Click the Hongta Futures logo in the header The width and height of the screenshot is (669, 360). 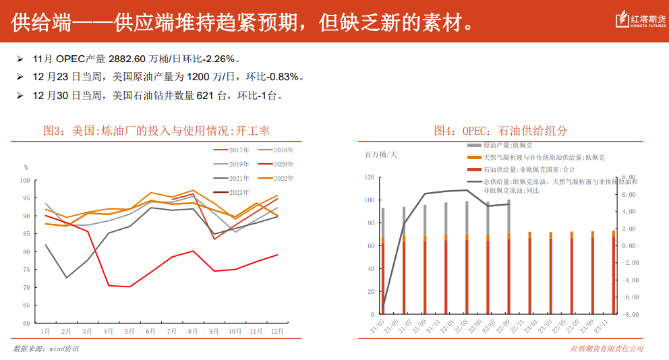[638, 22]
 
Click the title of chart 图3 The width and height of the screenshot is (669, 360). [156, 130]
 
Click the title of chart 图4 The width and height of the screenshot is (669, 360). [500, 130]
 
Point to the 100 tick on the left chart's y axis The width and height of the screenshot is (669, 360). [26, 181]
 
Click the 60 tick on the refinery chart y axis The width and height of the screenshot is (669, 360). [27, 324]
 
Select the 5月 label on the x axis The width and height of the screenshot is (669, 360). [129, 332]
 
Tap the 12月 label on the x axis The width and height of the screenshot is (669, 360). [277, 332]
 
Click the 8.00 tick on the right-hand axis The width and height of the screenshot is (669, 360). [629, 177]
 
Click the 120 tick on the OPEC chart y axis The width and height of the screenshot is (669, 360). [368, 177]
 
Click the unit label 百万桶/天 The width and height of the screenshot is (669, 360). [381, 155]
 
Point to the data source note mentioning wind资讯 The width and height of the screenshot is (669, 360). [46, 349]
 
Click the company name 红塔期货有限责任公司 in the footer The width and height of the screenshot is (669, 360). [607, 349]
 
